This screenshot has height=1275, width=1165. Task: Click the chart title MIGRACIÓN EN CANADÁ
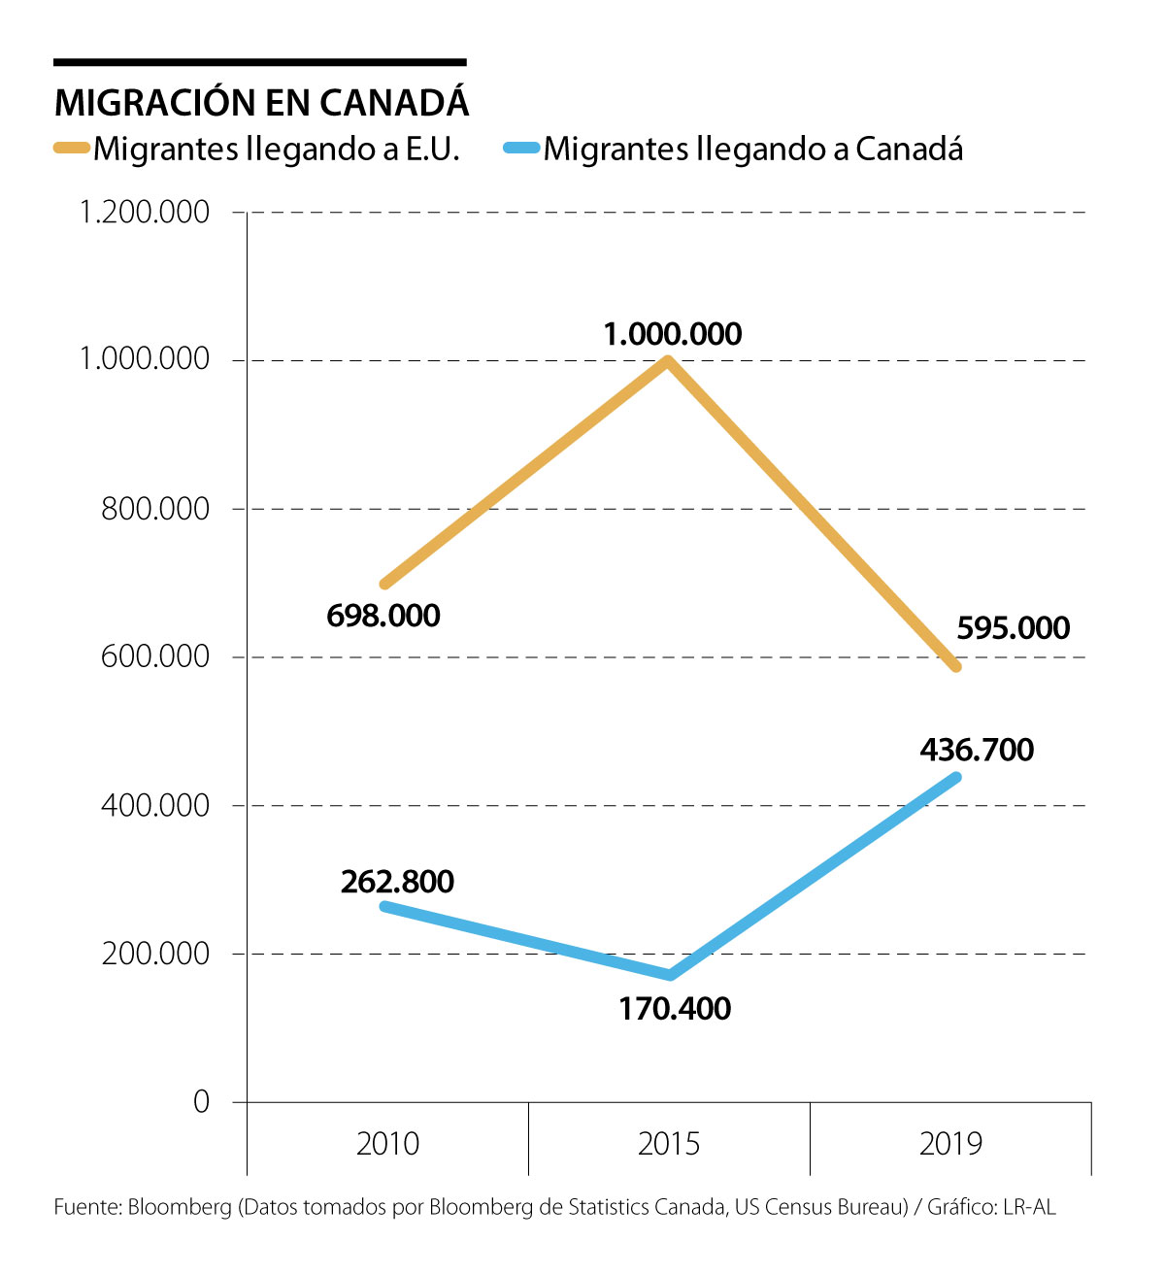point(262,103)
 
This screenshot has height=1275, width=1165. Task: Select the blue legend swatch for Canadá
point(522,149)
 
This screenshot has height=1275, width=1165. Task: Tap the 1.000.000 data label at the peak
point(673,334)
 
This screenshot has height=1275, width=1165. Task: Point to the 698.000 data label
point(383,616)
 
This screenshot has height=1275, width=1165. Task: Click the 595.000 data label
point(1013,628)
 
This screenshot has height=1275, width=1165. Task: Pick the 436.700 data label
point(977,750)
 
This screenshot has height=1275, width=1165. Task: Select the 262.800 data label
point(397,882)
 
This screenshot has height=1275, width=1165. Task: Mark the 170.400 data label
point(675,1009)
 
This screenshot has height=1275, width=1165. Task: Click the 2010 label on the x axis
point(387,1144)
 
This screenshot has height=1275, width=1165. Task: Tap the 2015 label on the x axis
point(669,1144)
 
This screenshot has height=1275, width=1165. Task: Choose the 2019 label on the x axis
point(950,1144)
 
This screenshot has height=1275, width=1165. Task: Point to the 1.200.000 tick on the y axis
point(146,212)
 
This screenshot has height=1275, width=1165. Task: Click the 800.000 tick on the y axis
point(155,509)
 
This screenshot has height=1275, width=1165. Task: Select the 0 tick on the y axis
point(201,1102)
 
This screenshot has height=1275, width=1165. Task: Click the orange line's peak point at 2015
point(668,361)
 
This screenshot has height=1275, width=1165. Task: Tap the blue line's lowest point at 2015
point(669,975)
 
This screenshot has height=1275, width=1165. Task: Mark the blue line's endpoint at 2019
point(956,777)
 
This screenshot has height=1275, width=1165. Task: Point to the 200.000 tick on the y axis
point(155,954)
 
